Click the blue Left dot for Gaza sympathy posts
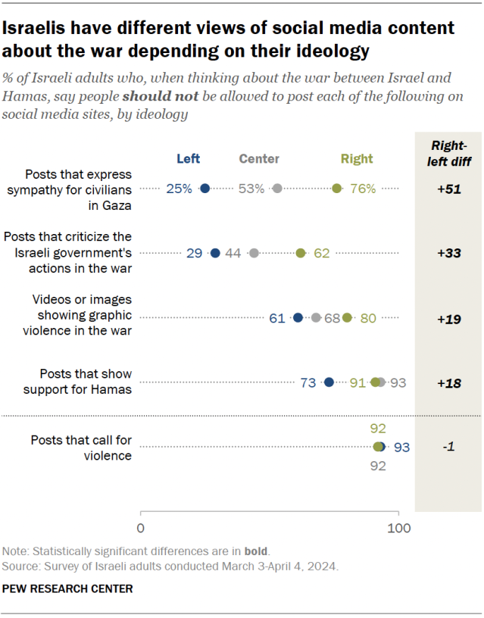205,189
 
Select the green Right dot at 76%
336,189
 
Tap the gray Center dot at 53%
277,189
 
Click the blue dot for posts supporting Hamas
329,382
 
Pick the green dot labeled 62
301,253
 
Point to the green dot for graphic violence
347,318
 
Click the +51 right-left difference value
450,189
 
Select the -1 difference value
450,447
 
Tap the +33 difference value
450,253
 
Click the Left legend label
189,158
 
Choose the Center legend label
259,158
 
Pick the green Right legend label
356,158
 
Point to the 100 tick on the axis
399,527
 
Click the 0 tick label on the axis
141,527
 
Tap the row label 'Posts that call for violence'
81,447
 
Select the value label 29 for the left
194,253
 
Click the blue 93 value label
401,447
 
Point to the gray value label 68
333,318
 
